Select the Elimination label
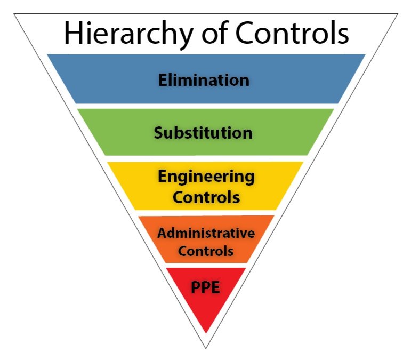204,80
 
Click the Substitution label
203,132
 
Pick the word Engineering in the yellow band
206,177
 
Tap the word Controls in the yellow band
206,197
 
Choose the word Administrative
206,233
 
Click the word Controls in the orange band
206,250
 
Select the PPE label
205,289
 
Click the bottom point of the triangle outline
205,348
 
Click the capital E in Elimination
163,80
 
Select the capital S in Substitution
158,132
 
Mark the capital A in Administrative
162,233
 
